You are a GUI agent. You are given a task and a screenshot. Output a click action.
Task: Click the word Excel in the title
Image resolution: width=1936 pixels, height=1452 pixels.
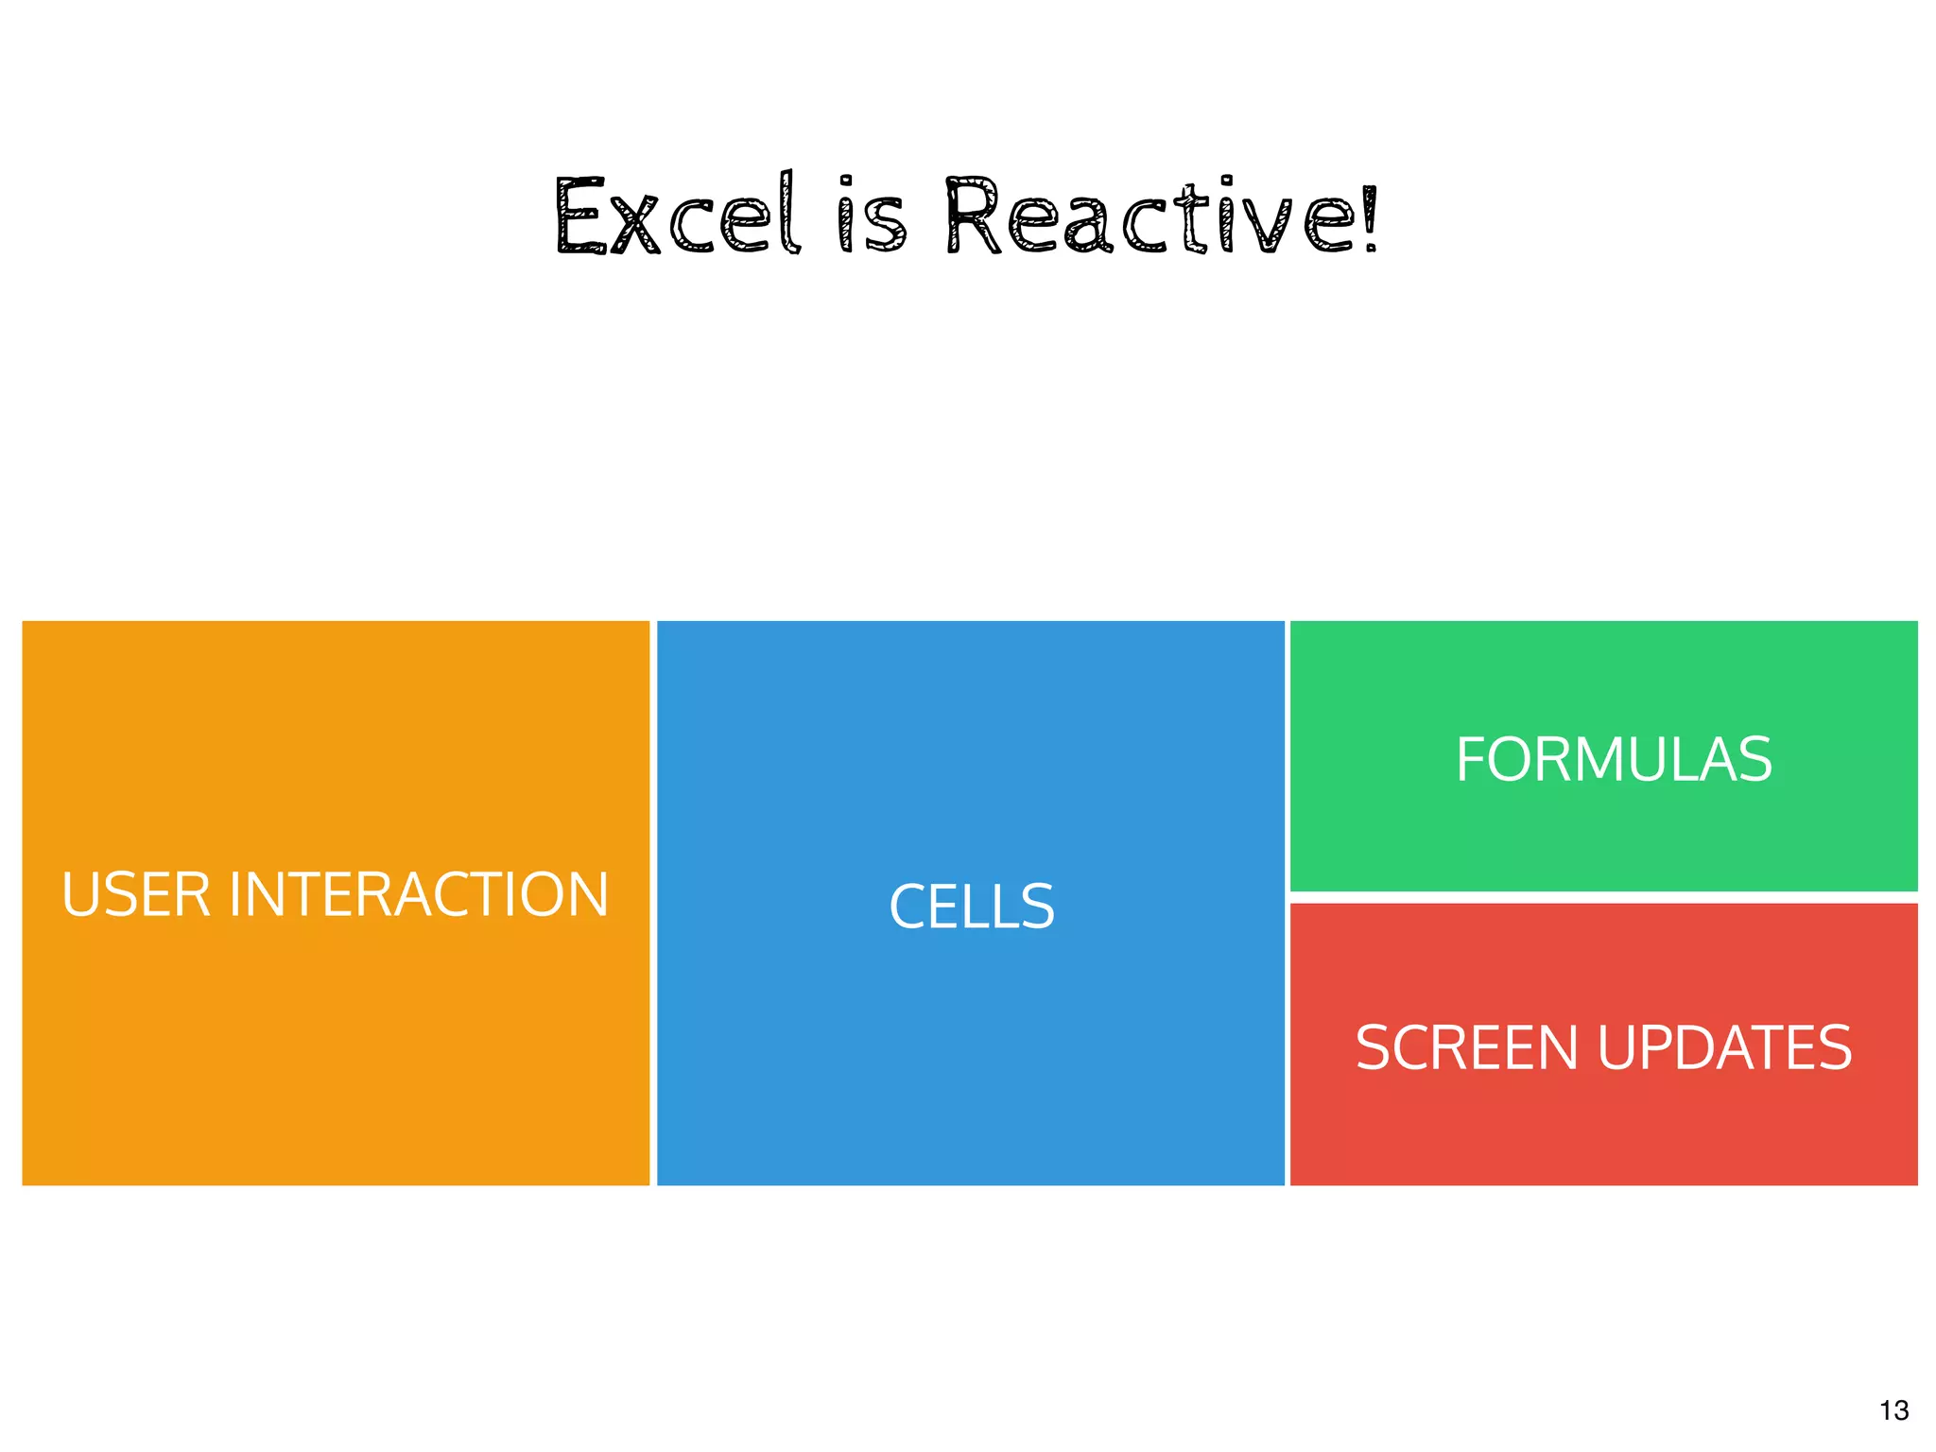[x=678, y=217]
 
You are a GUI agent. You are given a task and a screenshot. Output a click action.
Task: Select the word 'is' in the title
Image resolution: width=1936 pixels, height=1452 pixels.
[x=872, y=217]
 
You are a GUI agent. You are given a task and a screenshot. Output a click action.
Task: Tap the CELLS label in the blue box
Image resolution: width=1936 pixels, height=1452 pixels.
[x=971, y=907]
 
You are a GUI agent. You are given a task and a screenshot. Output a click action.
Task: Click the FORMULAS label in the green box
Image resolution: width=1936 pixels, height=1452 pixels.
[x=1613, y=759]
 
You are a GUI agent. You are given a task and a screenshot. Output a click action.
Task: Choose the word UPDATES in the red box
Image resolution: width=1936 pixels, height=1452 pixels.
[x=1724, y=1047]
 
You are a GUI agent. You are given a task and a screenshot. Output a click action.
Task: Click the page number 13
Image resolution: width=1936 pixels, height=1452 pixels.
[x=1893, y=1410]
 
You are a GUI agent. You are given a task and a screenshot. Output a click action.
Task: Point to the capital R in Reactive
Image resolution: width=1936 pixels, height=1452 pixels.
[x=973, y=217]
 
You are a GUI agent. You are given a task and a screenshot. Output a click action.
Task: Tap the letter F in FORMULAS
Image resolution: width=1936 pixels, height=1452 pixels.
[x=1473, y=759]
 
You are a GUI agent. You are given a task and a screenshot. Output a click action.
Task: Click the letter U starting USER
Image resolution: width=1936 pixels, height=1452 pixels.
[x=79, y=894]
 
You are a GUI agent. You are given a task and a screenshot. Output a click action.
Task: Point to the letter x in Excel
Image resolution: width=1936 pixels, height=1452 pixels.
[x=635, y=227]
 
